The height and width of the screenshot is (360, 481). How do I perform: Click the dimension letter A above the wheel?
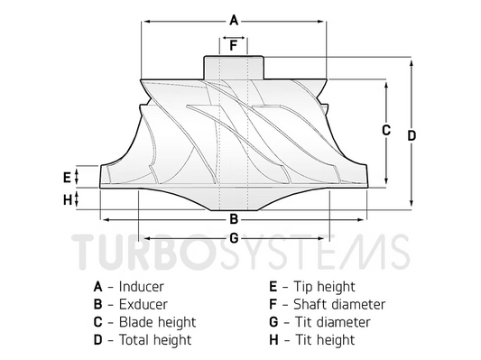233,20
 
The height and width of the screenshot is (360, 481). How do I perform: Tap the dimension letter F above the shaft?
233,44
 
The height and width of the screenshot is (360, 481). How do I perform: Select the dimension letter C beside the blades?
385,129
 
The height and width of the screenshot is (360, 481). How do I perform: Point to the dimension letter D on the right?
411,135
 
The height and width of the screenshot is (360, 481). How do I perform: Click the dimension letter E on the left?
67,175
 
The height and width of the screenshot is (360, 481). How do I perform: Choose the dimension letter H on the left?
67,199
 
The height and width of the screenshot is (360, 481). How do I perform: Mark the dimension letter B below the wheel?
233,218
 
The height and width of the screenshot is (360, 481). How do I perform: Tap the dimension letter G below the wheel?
233,238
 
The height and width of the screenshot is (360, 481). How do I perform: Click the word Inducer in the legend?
142,286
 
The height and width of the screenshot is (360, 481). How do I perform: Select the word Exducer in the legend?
143,304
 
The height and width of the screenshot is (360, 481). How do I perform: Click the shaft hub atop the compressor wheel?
233,68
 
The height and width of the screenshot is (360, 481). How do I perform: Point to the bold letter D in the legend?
97,340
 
